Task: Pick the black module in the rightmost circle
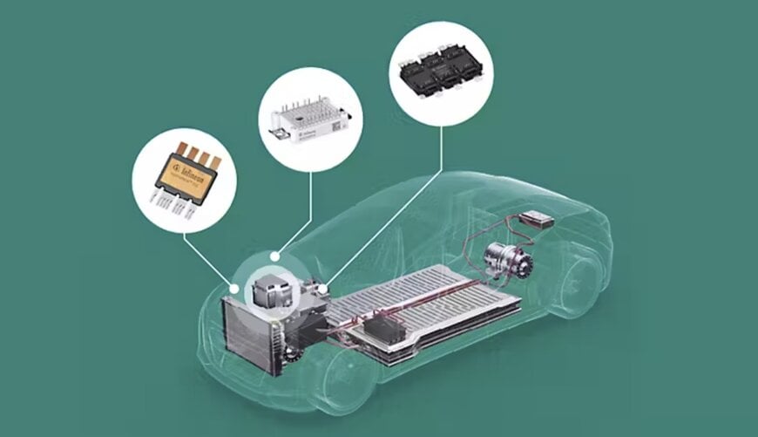point(439,73)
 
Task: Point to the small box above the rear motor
point(538,219)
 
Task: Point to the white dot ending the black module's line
point(323,288)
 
